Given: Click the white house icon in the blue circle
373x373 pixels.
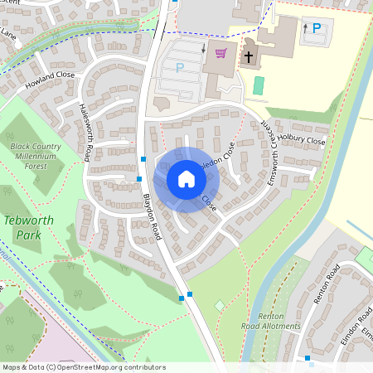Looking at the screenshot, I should [x=186, y=179].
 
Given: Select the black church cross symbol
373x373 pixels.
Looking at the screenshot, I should [x=248, y=57].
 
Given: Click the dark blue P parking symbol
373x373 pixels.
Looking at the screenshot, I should [x=317, y=28].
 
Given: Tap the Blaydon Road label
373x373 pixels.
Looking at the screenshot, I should [x=151, y=218].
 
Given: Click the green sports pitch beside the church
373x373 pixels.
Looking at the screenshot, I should [x=259, y=85].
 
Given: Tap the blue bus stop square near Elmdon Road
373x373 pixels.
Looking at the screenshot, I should [x=307, y=358].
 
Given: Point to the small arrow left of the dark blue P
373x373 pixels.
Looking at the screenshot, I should [x=305, y=28].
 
